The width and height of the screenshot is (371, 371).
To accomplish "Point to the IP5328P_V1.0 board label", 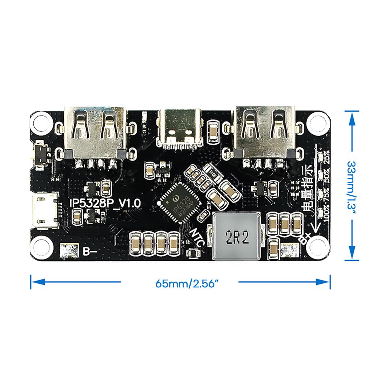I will click(105, 203).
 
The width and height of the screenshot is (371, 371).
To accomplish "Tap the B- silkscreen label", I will click(89, 251).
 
